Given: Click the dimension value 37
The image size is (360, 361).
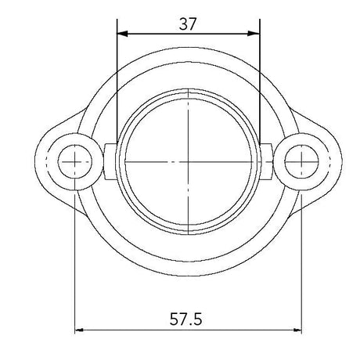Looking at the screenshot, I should pos(188,23).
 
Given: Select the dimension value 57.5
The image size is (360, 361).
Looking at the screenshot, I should pos(188,319).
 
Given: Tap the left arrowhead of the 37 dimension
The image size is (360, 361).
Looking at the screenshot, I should pos(121,34).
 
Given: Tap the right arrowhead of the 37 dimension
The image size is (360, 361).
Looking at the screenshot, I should pos(254,34).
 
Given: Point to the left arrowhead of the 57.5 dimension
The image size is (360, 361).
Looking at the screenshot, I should pos(80,330).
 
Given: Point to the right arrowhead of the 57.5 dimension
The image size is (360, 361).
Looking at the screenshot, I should pos(297,330).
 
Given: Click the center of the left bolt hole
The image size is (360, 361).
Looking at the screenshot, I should pos(75,162).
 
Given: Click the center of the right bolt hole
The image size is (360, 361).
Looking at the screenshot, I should pos(302,162).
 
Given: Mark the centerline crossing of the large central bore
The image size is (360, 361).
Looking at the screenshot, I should pos(188,161).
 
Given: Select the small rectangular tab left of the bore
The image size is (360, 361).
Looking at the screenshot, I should pos(110,162).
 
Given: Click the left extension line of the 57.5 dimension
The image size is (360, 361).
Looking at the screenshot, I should pos(75,258).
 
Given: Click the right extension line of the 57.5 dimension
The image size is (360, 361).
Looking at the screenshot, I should pos(302,258).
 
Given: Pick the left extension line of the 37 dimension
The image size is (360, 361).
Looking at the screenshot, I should pos(117,78).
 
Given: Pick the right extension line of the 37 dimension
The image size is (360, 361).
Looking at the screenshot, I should pos(259,78).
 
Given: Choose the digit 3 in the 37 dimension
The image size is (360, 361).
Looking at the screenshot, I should pos(183,23).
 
